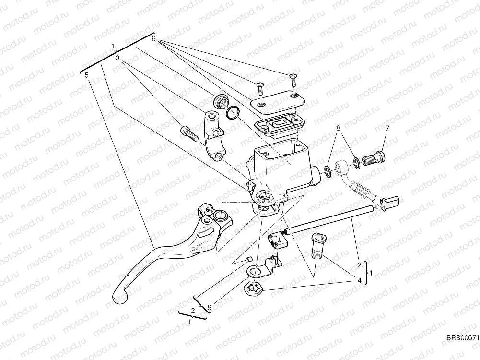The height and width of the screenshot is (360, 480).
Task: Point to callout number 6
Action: point(153,38)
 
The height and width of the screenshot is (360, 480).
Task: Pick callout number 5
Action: point(86,75)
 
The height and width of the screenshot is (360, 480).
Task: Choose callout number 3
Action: point(117,58)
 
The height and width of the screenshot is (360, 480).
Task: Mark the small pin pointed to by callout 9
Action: point(249,260)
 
